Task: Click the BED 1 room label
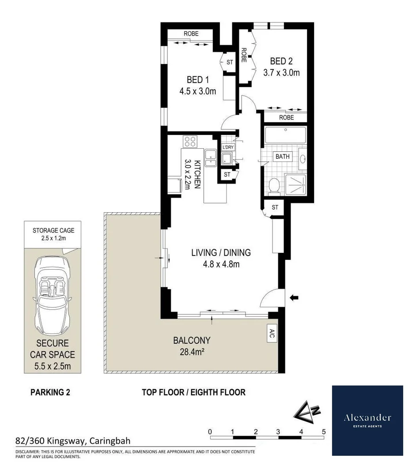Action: click(x=197, y=79)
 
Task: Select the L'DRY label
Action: click(x=228, y=147)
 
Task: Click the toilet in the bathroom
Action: click(x=274, y=186)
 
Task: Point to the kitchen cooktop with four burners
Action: click(x=190, y=142)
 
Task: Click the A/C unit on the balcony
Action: click(x=272, y=334)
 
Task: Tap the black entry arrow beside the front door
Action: click(x=294, y=297)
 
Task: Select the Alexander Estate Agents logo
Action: click(x=367, y=421)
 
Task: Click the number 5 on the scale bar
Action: click(x=324, y=432)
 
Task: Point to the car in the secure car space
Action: click(x=53, y=296)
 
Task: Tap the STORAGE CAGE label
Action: click(x=53, y=230)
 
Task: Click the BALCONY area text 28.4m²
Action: click(x=192, y=352)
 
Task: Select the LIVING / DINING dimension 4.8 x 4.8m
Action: click(x=221, y=264)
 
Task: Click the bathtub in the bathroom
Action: click(x=285, y=135)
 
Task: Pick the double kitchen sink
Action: click(x=211, y=158)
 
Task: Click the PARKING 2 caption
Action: click(x=50, y=392)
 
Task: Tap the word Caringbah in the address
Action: click(x=110, y=441)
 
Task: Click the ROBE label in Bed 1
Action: click(x=191, y=34)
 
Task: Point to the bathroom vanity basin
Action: click(x=303, y=159)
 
